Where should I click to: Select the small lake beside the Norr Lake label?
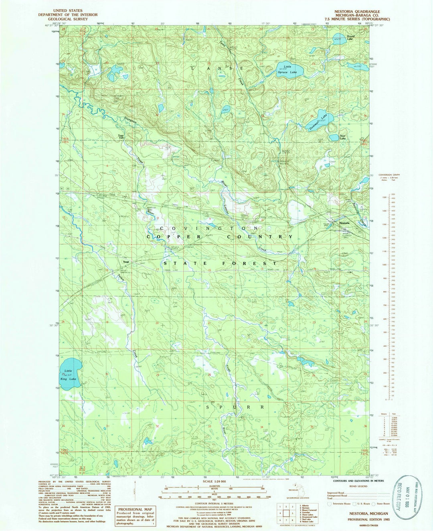click(334, 137)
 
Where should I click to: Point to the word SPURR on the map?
click(236, 407)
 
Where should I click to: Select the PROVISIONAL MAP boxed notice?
click(136, 515)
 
